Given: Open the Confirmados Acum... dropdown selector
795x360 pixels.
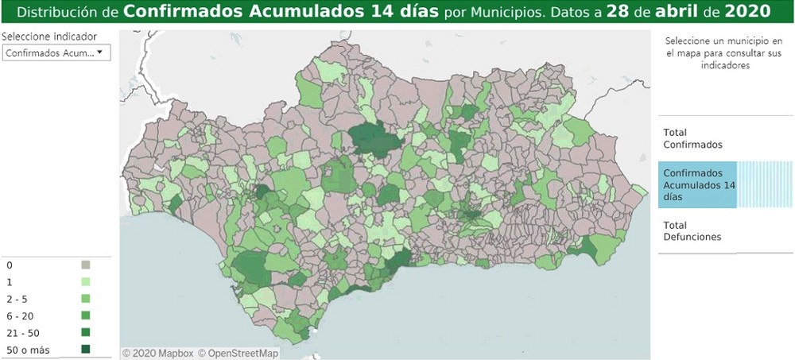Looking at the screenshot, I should coord(56,52).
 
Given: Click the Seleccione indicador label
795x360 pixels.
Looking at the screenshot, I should coord(49,37).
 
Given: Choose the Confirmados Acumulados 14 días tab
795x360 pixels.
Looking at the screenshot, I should coord(697,184).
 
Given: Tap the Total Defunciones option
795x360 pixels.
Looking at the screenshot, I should coord(692,230).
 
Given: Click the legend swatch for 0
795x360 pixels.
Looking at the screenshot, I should coord(86,264).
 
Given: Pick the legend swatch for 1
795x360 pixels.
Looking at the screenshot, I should coord(86,281).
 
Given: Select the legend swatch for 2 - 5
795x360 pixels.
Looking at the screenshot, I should coord(86,298).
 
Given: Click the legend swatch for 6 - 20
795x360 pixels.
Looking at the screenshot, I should coord(86,315).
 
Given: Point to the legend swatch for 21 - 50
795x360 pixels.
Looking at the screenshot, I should coord(86,332).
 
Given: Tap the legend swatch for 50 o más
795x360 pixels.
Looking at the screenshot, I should coord(86,349).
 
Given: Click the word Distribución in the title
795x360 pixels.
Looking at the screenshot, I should coord(61,12).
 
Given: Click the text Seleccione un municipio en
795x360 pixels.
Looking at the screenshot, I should coord(724,41).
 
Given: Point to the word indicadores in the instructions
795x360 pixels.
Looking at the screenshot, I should coord(724,67).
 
